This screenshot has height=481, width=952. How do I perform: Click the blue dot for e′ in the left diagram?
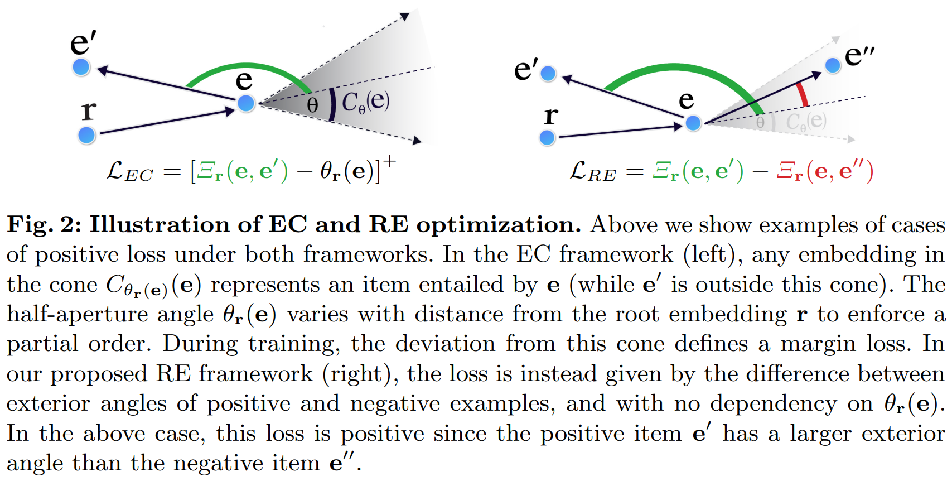81,68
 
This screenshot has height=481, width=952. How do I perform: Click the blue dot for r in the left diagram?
86,135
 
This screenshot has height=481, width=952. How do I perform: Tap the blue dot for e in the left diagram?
246,103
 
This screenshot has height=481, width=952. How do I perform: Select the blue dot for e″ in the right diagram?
833,65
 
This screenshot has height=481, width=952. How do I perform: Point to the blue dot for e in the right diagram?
693,123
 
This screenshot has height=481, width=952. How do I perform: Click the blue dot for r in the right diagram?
548,137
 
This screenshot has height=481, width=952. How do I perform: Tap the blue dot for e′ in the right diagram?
548,73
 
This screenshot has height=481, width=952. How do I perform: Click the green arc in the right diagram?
680,69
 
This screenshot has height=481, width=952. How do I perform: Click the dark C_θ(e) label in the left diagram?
365,102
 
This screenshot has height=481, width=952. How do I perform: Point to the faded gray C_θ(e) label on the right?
806,121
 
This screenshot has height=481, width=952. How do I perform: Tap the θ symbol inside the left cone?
312,104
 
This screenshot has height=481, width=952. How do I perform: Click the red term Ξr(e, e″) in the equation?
825,171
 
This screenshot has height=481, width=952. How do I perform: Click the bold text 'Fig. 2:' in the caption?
44,224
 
